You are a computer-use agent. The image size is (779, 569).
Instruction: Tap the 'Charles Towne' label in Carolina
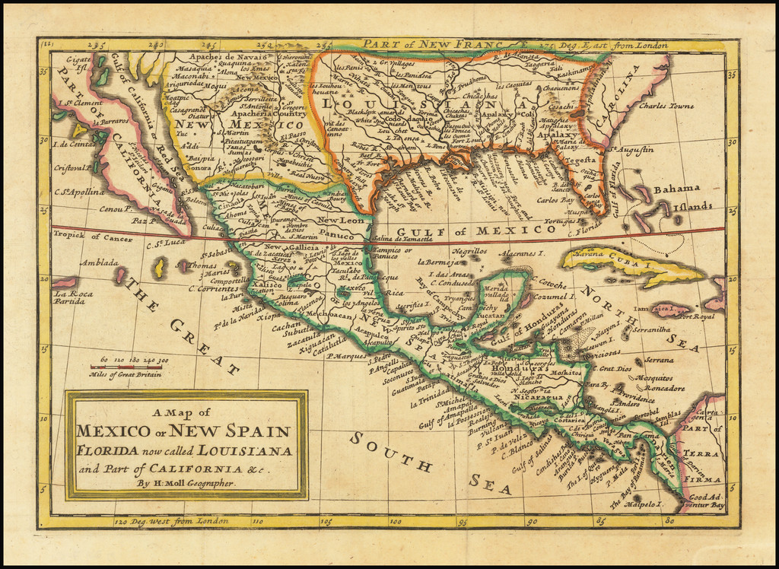click(x=666, y=106)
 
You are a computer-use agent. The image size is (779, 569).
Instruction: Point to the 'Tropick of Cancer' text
click(x=87, y=237)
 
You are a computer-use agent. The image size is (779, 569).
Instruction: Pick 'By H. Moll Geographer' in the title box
click(x=186, y=483)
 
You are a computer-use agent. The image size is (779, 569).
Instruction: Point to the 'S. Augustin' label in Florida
click(x=630, y=150)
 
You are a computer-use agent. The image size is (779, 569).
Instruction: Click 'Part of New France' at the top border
click(x=434, y=44)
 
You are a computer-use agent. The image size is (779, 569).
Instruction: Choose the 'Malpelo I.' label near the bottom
click(x=638, y=504)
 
